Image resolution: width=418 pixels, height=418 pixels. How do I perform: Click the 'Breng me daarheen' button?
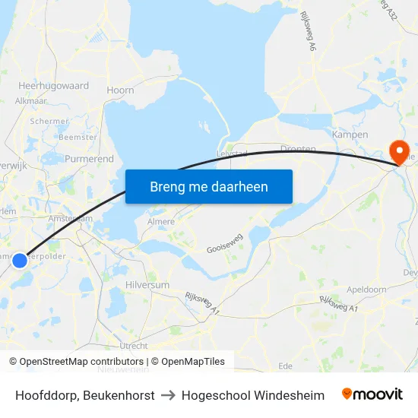pyautogui.click(x=208, y=186)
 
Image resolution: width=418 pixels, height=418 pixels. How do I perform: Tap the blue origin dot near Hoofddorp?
pyautogui.click(x=20, y=261)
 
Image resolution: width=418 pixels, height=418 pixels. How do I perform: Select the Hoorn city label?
pyautogui.click(x=121, y=90)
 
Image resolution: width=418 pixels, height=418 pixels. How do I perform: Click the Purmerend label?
pyautogui.click(x=89, y=159)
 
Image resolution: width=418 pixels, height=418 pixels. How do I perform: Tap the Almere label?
pyautogui.click(x=160, y=222)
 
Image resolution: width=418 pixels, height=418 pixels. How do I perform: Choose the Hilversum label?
pyautogui.click(x=147, y=284)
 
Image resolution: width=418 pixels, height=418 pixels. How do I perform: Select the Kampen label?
pyautogui.click(x=350, y=135)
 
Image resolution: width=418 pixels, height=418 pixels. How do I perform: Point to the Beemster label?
pyautogui.click(x=78, y=138)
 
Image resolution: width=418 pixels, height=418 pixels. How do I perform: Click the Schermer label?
pyautogui.click(x=49, y=121)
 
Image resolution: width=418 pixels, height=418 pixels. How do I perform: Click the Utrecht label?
pyautogui.click(x=134, y=345)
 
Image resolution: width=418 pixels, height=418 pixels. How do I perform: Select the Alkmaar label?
pyautogui.click(x=31, y=100)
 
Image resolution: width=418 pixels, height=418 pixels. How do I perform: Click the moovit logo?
pyautogui.click(x=372, y=394)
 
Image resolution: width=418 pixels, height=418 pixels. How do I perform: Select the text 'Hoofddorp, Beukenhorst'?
pyautogui.click(x=85, y=395)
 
